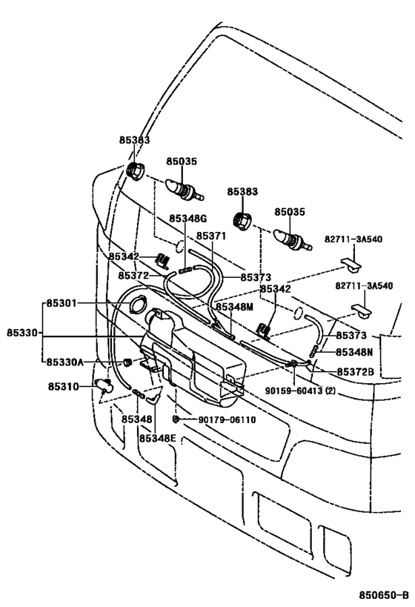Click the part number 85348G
point(187,218)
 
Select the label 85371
point(210,235)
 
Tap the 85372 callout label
point(133,275)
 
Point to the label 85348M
point(234,306)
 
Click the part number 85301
point(63,303)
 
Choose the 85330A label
point(66,362)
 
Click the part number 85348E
point(157,437)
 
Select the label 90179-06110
point(227,419)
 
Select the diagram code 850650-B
point(384,595)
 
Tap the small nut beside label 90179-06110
point(176,419)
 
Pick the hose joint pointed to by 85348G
point(185,271)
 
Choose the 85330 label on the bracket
point(21,333)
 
